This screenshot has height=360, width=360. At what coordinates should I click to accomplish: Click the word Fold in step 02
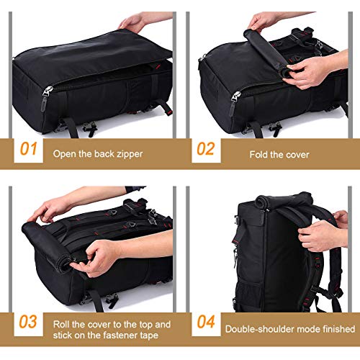259,153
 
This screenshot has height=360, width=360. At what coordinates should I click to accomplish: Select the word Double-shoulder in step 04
256,328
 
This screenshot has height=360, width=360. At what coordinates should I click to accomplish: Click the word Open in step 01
64,153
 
